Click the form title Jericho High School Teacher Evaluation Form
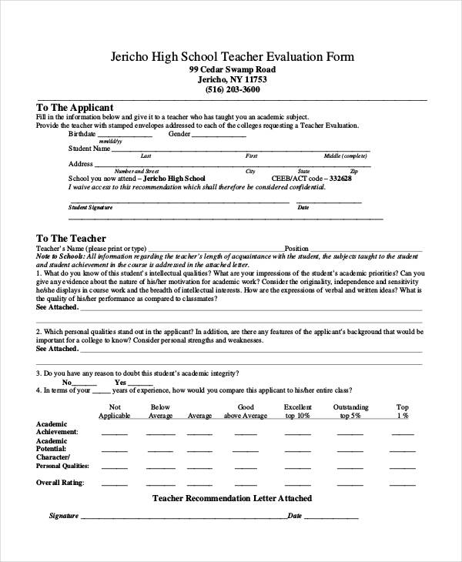pyautogui.click(x=231, y=57)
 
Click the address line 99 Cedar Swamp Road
pyautogui.click(x=232, y=69)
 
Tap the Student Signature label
pyautogui.click(x=90, y=207)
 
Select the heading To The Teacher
pyautogui.click(x=71, y=238)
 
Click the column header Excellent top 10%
pyautogui.click(x=297, y=411)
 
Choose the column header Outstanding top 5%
pyautogui.click(x=350, y=411)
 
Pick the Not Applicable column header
pyautogui.click(x=115, y=411)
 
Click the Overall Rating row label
pyautogui.click(x=60, y=483)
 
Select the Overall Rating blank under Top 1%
pyautogui.click(x=402, y=484)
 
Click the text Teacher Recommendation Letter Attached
pyautogui.click(x=231, y=498)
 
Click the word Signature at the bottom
pyautogui.click(x=64, y=516)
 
